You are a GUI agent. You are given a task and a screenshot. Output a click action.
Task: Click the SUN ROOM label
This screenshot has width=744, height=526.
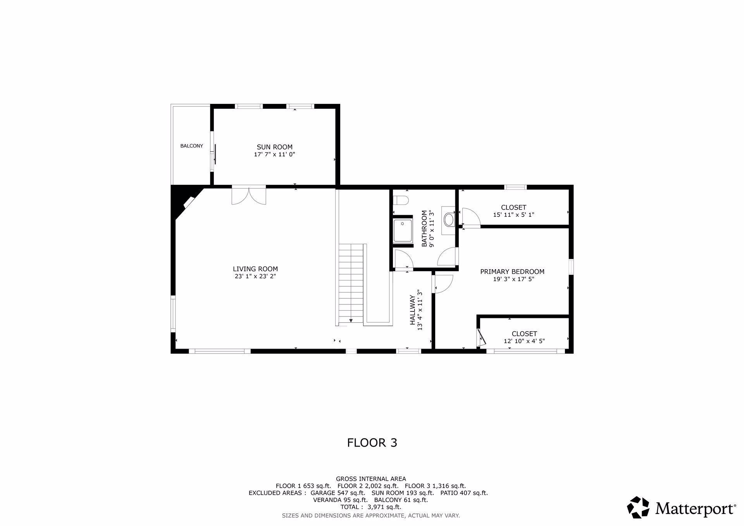274,147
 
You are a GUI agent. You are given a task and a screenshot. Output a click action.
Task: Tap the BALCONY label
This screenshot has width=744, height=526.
191,146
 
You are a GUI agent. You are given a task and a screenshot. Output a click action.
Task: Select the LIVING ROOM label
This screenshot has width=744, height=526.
255,269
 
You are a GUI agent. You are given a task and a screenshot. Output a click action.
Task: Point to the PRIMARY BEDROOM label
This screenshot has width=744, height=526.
512,272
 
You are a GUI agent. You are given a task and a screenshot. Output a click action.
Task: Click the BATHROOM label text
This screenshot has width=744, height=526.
424,229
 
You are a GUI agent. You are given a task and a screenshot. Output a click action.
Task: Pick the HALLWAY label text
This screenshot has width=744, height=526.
413,310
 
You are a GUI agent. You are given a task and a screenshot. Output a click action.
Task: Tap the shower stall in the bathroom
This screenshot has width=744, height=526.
403,231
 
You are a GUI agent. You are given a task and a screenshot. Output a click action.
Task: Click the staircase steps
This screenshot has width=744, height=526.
351,284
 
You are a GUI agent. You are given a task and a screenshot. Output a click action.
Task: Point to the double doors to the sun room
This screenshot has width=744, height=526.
249,195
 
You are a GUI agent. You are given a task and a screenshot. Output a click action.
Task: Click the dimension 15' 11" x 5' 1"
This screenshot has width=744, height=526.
513,215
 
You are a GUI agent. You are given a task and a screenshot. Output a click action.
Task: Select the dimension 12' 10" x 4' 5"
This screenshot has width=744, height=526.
524,341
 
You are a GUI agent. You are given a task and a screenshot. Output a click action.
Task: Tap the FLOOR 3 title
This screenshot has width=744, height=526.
372,443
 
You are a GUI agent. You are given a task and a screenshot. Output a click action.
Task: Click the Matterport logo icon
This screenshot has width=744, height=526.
638,507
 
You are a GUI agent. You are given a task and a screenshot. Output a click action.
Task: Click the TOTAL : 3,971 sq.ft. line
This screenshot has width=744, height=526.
371,507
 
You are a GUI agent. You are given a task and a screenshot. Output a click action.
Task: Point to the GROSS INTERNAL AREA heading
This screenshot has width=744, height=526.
371,479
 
